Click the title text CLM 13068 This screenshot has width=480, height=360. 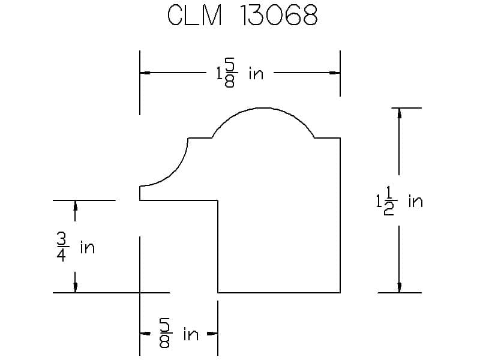pos(242,16)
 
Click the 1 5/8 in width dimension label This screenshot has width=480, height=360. pos(239,74)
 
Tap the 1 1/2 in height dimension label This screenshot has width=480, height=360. pos(399,201)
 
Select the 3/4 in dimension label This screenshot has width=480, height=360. pos(76,247)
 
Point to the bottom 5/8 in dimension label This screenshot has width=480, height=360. pos(178,334)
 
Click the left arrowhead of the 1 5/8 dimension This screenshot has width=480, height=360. pos(145,73)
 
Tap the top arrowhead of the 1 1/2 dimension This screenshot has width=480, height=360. pos(399,113)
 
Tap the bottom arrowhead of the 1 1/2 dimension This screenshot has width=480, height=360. pos(399,287)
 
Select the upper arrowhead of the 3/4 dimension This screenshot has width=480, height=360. pos(76,206)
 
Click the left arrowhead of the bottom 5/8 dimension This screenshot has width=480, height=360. pos(145,334)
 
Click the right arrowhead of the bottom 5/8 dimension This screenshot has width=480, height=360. pos(212,334)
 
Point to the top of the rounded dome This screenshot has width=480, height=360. pos(263,108)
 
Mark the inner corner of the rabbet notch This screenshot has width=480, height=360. pos(218,200)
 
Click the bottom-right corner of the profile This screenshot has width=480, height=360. pos(340,293)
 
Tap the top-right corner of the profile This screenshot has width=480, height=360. pos(340,138)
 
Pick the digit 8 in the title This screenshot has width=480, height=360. pos(309,16)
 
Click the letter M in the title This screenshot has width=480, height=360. pos(211,16)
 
